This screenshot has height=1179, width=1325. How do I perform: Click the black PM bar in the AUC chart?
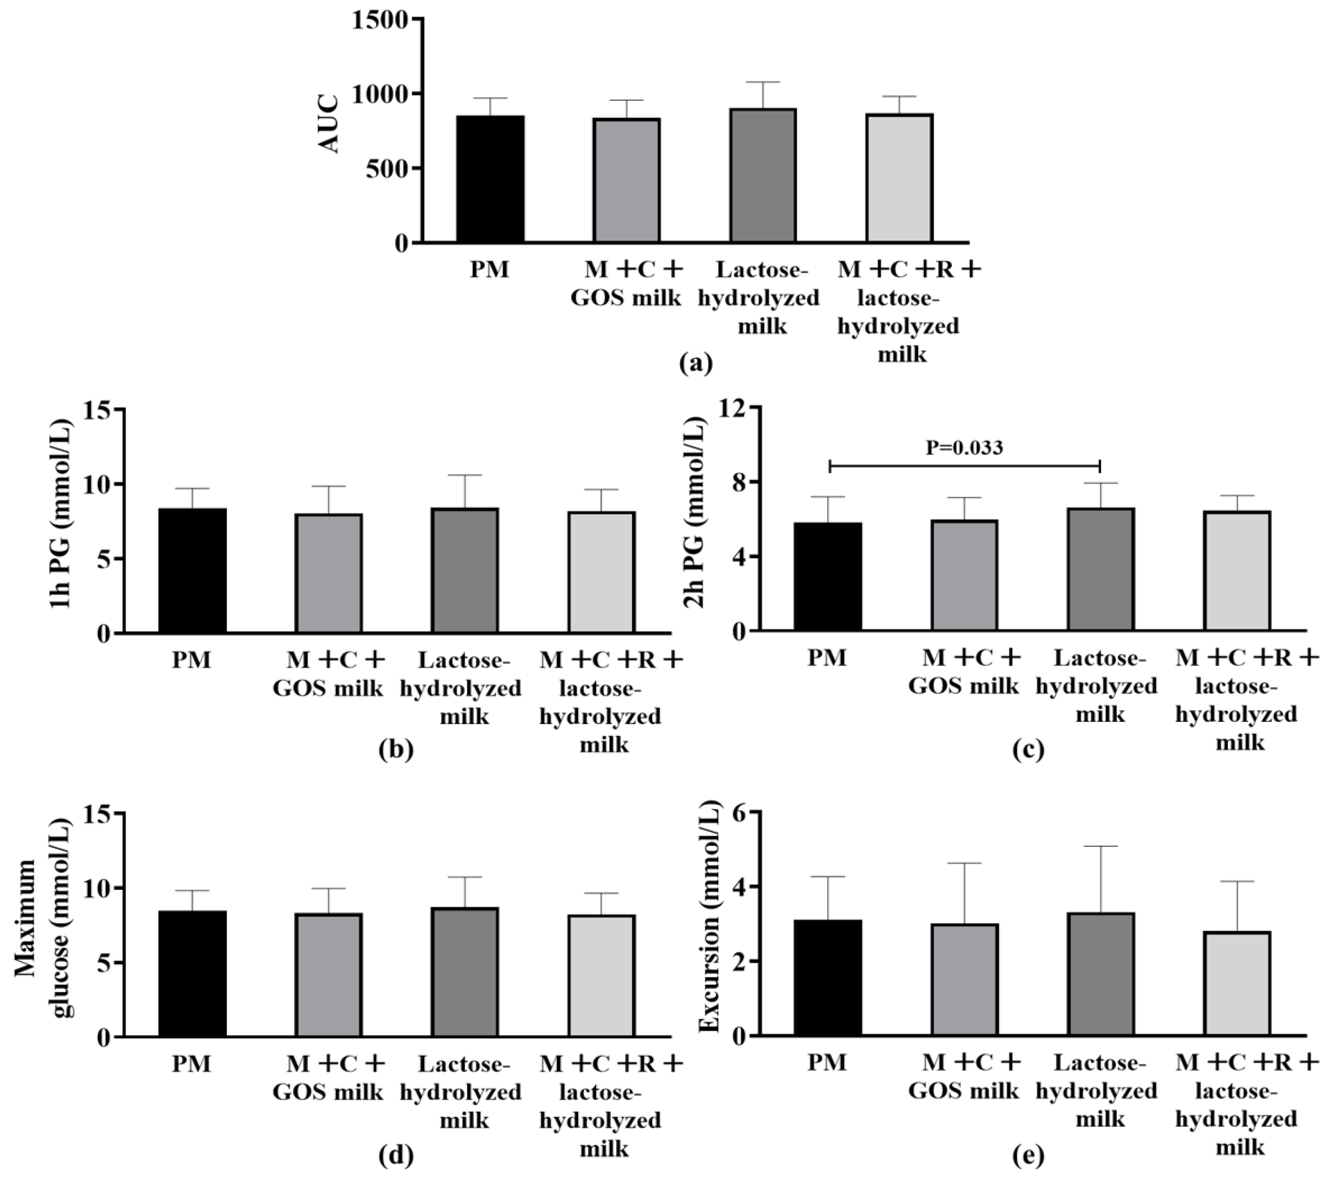point(490,179)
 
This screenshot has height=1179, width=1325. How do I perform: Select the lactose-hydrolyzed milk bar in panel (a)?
point(763,176)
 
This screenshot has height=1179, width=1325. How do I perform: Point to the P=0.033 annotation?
point(964,447)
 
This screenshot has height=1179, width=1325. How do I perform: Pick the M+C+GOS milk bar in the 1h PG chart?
point(329,574)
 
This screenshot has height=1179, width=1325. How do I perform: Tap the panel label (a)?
point(696,363)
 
